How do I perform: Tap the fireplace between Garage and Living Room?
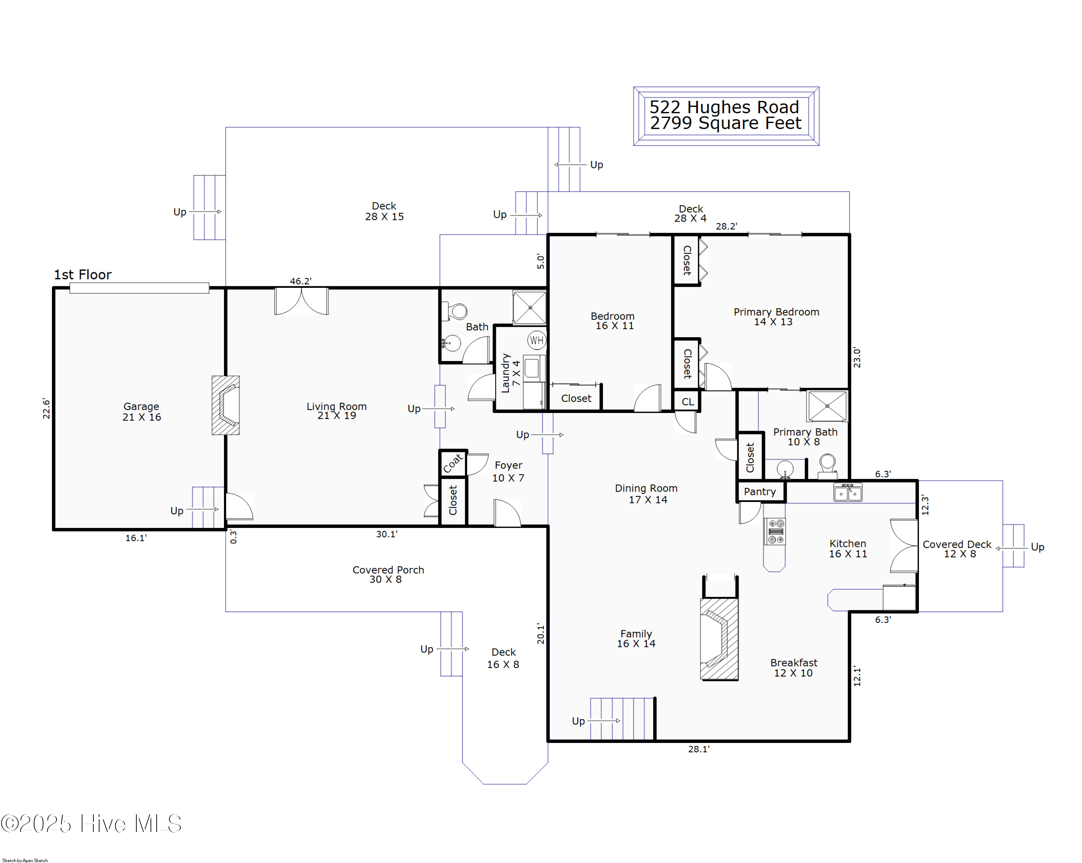226,405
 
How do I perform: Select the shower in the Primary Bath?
827,406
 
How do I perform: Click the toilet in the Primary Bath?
827,465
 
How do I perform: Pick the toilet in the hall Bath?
456,311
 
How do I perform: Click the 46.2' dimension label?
300,281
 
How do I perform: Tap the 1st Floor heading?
83,274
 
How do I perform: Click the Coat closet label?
453,463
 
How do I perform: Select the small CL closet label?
687,402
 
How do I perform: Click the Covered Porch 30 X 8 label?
388,574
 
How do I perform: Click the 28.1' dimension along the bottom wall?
699,749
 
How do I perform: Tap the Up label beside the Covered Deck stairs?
1037,547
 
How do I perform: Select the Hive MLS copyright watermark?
91,824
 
